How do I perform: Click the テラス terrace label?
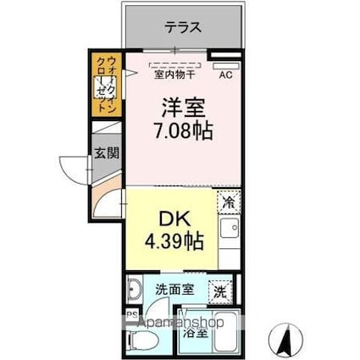183,26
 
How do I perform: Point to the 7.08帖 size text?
181,131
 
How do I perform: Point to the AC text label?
225,75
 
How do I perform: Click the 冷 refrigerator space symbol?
228,202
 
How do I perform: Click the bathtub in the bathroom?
223,337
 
